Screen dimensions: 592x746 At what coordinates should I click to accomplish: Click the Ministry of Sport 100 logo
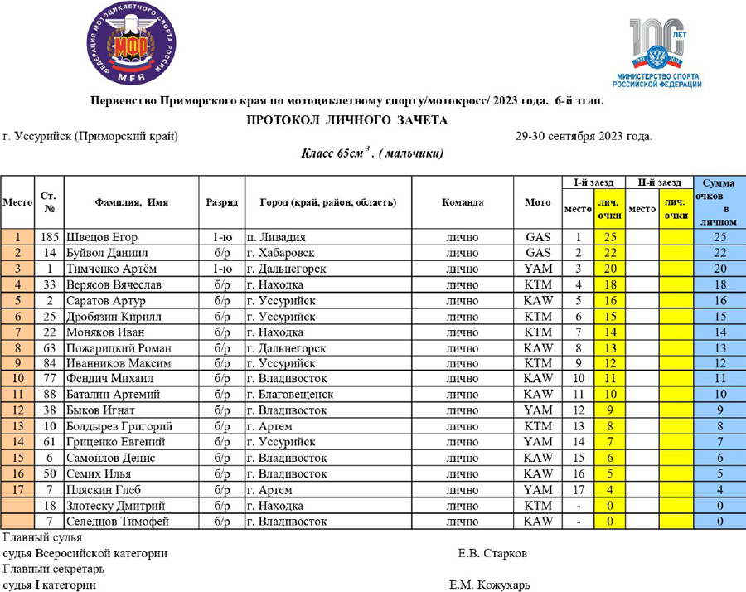[656, 52]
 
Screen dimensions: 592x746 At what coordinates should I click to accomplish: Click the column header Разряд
[222, 202]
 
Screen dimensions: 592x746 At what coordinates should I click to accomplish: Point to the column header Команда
[463, 202]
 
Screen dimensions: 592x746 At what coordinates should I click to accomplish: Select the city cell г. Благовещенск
[290, 395]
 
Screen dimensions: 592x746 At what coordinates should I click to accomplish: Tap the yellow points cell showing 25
[609, 237]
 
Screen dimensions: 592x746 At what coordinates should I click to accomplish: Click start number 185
[50, 237]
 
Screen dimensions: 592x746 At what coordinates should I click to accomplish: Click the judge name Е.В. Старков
[492, 553]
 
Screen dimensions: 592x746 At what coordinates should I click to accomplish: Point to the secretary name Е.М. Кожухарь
[489, 585]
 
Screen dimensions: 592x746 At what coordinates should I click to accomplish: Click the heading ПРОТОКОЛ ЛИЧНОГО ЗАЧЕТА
[347, 120]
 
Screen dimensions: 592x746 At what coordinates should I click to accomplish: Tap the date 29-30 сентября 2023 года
[584, 136]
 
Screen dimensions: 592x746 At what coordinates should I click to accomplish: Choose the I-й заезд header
[593, 182]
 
